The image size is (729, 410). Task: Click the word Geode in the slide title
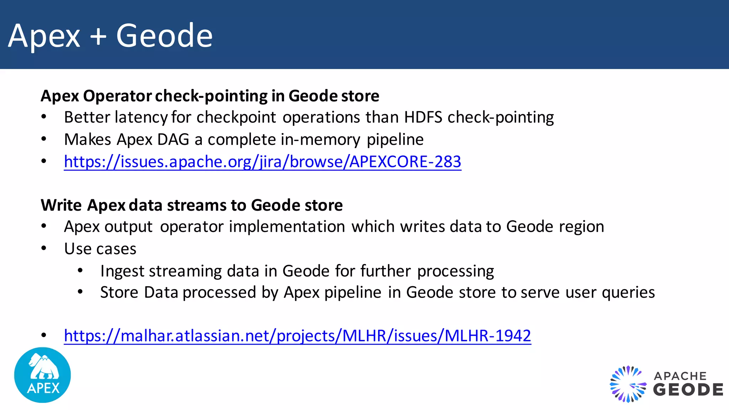click(164, 36)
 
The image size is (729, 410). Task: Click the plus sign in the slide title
click(98, 36)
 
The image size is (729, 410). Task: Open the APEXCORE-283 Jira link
click(262, 162)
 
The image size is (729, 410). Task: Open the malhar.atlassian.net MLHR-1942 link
click(297, 336)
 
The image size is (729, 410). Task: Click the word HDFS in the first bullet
click(423, 117)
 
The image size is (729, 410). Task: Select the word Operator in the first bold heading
click(117, 96)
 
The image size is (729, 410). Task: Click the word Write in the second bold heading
click(61, 205)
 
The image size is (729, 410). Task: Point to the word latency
click(141, 117)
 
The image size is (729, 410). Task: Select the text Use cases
click(100, 249)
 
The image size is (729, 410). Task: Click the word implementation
click(287, 227)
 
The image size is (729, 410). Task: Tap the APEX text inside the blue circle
click(43, 388)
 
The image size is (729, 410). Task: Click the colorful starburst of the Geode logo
click(628, 384)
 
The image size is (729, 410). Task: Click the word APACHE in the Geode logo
click(680, 376)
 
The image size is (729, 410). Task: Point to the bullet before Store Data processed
click(80, 292)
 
